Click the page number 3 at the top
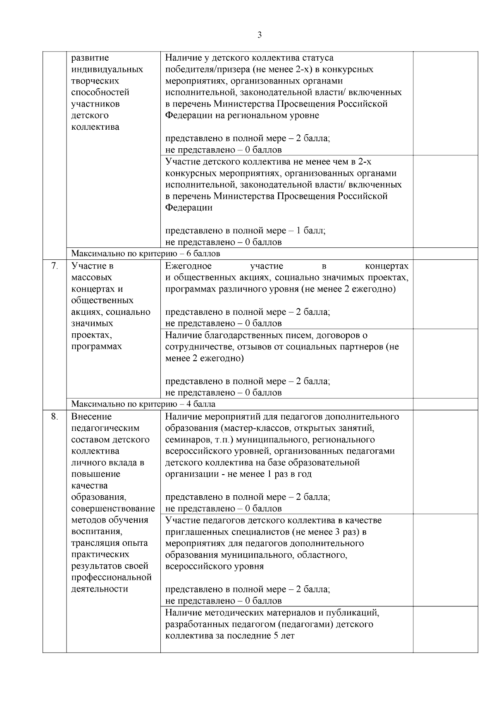coord(260,35)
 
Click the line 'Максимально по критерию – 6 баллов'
coord(145,254)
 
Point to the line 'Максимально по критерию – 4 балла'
coord(143,404)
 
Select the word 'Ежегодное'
coord(188,266)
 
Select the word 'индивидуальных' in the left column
coord(107,69)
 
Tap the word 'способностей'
coord(100,93)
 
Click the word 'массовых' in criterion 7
coord(91,278)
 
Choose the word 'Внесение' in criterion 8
coord(91,417)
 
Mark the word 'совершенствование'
coord(113,509)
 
